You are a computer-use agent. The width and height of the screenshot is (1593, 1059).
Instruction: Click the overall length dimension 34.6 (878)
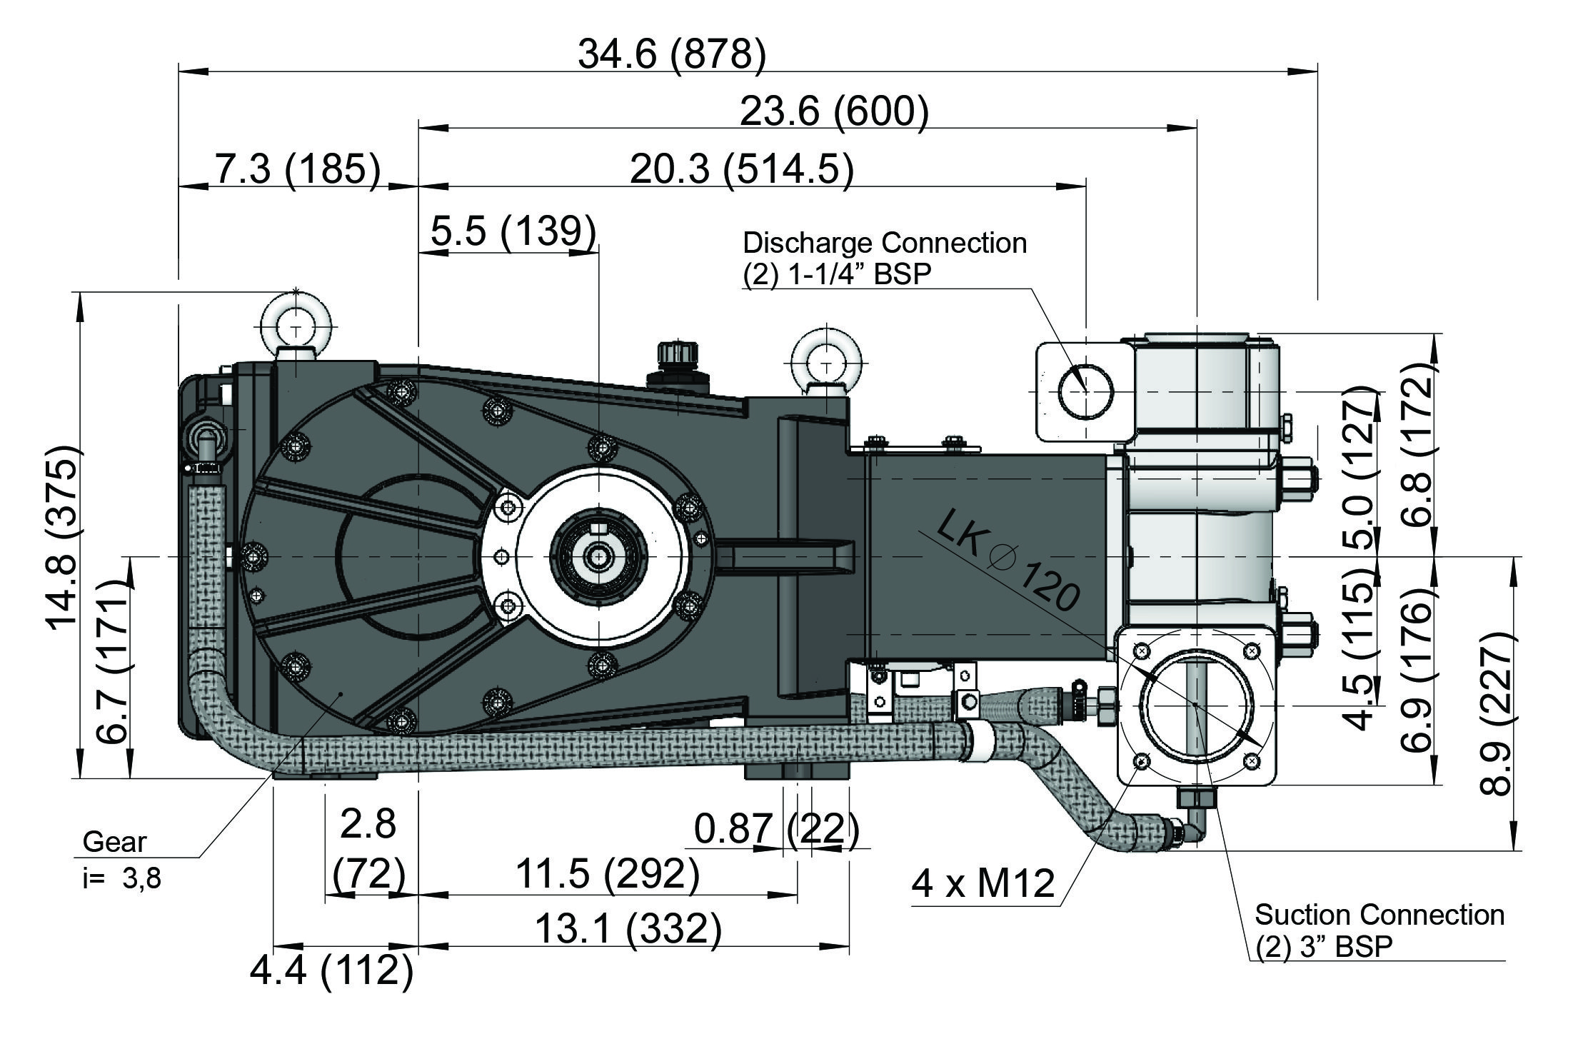click(x=671, y=54)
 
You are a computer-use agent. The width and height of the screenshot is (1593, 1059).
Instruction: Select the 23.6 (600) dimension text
click(x=834, y=111)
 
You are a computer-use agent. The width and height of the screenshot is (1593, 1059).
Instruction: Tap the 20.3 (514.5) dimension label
click(x=741, y=170)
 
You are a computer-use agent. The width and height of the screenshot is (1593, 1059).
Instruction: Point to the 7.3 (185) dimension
click(x=298, y=170)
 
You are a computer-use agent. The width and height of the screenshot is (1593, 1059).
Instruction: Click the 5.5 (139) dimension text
click(x=513, y=231)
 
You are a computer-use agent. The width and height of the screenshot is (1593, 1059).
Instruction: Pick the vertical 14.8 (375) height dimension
click(x=63, y=536)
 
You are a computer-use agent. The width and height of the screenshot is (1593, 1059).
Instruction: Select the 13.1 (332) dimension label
click(x=628, y=929)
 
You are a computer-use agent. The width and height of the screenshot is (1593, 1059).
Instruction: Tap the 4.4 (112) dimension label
click(x=331, y=970)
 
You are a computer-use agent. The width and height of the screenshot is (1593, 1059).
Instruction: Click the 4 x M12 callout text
click(x=983, y=883)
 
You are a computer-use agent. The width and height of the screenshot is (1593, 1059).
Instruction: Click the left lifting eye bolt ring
click(x=296, y=326)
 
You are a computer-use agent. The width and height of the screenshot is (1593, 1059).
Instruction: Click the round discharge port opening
click(x=1085, y=391)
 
